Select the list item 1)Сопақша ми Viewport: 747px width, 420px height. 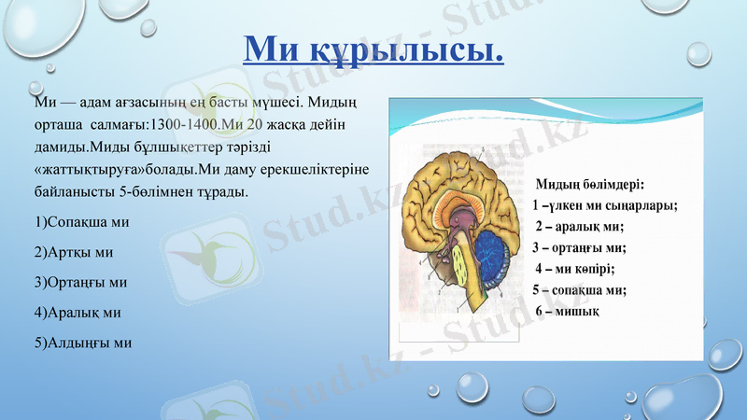click(80, 222)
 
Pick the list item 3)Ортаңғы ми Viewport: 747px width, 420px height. click(79, 282)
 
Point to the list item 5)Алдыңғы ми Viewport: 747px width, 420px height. click(82, 342)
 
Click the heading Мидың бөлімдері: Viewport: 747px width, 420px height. click(591, 184)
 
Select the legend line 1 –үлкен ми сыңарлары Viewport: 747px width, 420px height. click(604, 205)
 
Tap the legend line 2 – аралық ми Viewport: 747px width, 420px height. click(579, 227)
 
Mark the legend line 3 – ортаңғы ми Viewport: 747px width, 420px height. click(579, 247)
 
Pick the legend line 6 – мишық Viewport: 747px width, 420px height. click(567, 311)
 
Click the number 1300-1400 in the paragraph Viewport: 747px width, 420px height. click(184, 123)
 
